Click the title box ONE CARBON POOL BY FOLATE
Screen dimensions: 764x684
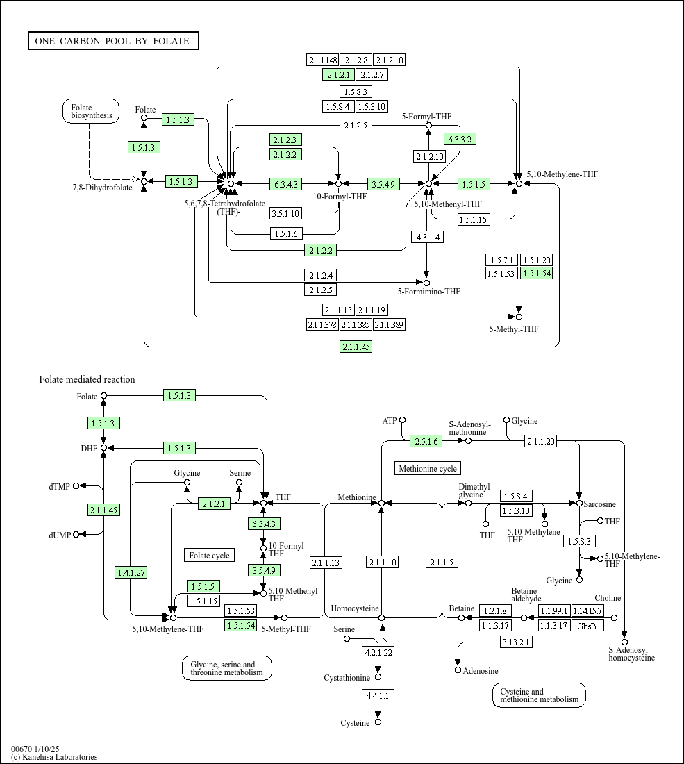tap(113, 41)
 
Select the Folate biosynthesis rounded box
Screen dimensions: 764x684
tap(91, 112)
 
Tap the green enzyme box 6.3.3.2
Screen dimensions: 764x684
tap(460, 139)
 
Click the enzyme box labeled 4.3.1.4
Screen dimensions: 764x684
tap(426, 237)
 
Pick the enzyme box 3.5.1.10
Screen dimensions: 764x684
tap(285, 213)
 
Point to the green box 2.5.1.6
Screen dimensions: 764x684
tap(426, 441)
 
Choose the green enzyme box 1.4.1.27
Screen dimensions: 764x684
tap(131, 572)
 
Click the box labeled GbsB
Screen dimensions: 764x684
tap(587, 625)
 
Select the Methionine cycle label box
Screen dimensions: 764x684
tap(428, 469)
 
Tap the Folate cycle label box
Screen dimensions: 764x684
tap(209, 555)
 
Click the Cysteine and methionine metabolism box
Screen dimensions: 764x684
tap(539, 695)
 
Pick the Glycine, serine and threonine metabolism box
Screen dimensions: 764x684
tap(226, 668)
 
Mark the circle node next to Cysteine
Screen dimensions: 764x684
tap(378, 722)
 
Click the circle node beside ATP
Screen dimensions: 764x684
tap(402, 420)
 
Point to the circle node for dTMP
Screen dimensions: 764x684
tap(76, 486)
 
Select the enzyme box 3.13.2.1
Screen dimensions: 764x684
tap(516, 642)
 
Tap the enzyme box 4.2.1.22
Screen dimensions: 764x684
tap(378, 652)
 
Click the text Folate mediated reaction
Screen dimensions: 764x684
tap(87, 379)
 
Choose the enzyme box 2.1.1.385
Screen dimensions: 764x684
tap(356, 324)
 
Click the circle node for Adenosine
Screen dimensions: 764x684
tap(458, 670)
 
